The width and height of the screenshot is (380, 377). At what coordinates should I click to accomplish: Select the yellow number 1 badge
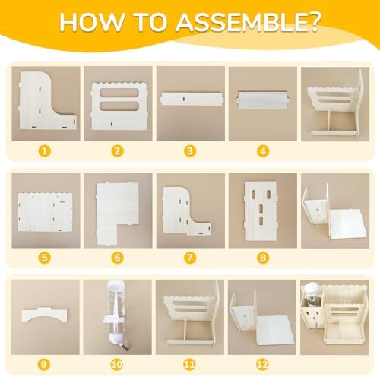pos(45,151)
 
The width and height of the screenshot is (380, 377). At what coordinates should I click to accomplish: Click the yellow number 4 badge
pos(263,151)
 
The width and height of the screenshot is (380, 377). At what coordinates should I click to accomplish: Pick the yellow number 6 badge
pos(117,258)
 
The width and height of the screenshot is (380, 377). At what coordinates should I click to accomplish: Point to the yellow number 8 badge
pos(263,258)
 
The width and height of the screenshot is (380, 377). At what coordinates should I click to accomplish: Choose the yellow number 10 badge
pos(116,365)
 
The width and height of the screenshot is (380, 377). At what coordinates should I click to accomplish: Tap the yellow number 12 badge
pos(262,365)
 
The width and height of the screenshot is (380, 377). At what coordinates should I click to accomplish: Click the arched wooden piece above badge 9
pos(45,315)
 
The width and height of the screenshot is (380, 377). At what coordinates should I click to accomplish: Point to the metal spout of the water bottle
pos(125,347)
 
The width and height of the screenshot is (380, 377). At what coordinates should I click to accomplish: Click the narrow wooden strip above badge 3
pos(192,99)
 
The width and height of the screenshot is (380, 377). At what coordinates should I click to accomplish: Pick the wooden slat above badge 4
pos(263,100)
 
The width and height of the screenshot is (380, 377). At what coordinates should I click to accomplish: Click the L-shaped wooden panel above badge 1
pos(48,100)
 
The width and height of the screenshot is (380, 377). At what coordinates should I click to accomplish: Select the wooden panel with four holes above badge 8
pos(261,211)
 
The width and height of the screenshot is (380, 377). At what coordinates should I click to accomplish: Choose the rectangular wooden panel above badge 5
pos(46,212)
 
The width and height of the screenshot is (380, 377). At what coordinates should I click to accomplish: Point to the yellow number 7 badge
pos(190,258)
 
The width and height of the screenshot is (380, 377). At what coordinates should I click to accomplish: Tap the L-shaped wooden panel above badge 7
pos(187,211)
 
